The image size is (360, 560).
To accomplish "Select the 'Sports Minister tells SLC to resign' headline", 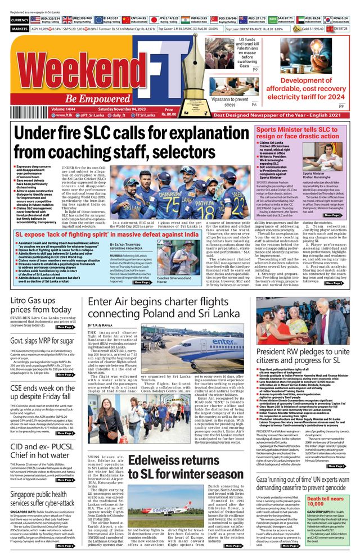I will coord(290,133).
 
